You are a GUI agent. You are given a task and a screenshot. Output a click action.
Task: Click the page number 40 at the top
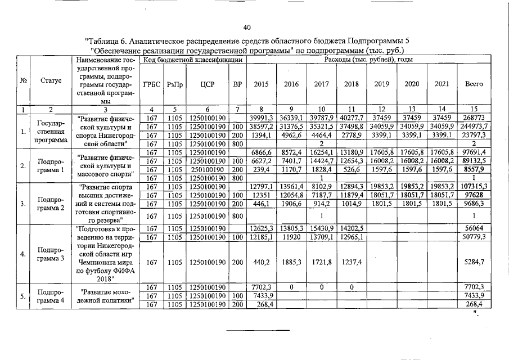[246, 28]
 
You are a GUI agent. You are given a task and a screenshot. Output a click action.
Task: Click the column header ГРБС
[152, 84]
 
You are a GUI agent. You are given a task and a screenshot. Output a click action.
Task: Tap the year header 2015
[260, 84]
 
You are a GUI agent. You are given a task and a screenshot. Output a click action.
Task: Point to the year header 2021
[442, 84]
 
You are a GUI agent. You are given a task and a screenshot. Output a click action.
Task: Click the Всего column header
[474, 84]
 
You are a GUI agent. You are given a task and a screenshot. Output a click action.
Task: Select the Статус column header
[51, 80]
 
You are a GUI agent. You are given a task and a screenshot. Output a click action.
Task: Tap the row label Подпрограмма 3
[51, 254]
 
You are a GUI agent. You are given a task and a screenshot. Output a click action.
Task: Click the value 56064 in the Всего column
[474, 228]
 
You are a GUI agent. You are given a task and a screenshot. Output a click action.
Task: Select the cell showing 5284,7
[474, 262]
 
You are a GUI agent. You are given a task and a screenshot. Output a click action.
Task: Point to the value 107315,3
[474, 186]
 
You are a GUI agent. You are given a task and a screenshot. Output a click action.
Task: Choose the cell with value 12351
[260, 195]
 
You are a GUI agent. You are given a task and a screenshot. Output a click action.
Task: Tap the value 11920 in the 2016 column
[291, 237]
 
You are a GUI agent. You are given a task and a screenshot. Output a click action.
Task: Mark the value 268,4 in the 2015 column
[260, 304]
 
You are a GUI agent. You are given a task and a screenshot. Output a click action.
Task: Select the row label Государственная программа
[51, 131]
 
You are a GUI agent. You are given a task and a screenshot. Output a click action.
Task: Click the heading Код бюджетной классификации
[192, 60]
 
